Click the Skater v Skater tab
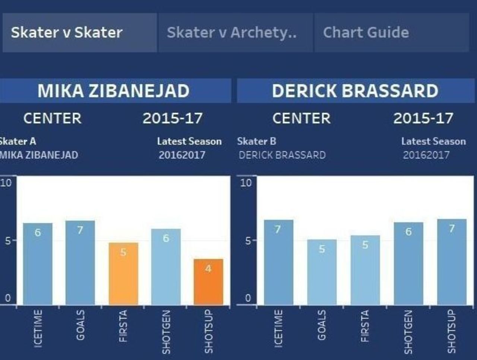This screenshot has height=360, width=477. pyautogui.click(x=79, y=32)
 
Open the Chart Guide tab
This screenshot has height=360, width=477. pyautogui.click(x=391, y=32)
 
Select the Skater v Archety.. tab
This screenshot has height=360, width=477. pyautogui.click(x=236, y=32)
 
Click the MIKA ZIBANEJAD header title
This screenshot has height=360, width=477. pyautogui.click(x=113, y=91)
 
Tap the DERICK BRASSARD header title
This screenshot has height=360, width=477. pyautogui.click(x=355, y=91)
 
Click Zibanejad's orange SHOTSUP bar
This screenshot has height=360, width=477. pyautogui.click(x=208, y=282)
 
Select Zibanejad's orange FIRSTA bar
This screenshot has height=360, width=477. pyautogui.click(x=123, y=274)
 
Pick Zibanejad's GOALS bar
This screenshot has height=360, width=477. pyautogui.click(x=80, y=263)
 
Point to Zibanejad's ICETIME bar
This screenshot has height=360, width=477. pyautogui.click(x=38, y=264)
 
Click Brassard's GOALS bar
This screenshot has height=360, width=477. pyautogui.click(x=322, y=272)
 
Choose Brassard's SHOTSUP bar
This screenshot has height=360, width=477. pyautogui.click(x=452, y=262)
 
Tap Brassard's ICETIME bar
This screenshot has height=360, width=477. pyautogui.click(x=279, y=262)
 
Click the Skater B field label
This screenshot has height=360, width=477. pyautogui.click(x=257, y=142)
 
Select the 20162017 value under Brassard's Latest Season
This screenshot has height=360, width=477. pyautogui.click(x=426, y=155)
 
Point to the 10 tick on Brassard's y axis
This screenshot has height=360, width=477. pyautogui.click(x=246, y=183)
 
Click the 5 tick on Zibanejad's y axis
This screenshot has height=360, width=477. pyautogui.click(x=7, y=241)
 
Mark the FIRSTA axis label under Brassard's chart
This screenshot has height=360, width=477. pyautogui.click(x=365, y=326)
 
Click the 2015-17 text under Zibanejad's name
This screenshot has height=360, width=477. pyautogui.click(x=173, y=119)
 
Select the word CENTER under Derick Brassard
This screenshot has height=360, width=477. pyautogui.click(x=301, y=119)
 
